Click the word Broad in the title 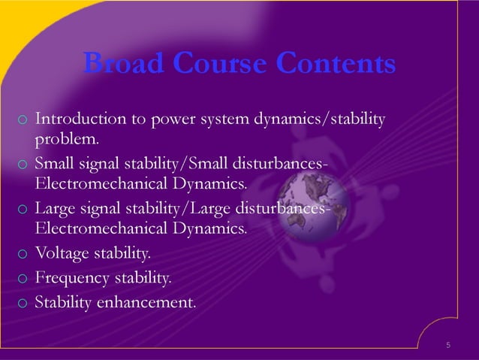[118, 64]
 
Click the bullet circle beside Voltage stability [23, 255]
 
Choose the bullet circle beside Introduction [23, 120]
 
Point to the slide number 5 [448, 345]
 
